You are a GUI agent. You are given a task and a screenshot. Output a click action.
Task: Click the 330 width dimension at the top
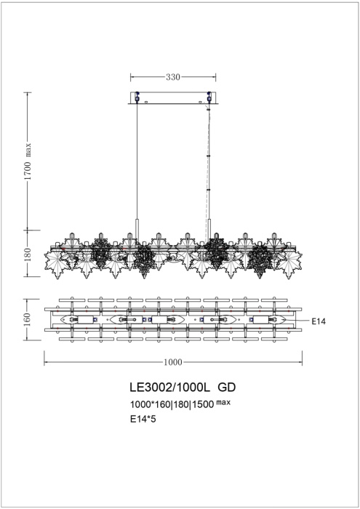pos(172,76)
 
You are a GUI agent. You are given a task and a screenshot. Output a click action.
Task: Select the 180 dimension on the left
pos(28,254)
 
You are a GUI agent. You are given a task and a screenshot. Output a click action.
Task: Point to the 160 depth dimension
pos(28,320)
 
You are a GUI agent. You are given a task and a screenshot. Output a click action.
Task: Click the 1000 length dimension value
pos(173,361)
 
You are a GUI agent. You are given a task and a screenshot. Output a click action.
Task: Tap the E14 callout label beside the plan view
pos(318,321)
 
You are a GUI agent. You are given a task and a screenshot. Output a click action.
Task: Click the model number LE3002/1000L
pos(164,389)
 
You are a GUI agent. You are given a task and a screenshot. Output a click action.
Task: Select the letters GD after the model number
pos(226,389)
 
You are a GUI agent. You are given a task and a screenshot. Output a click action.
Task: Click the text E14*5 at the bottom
pos(143,419)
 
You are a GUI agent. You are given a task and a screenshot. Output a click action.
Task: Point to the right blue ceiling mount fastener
pos(209,95)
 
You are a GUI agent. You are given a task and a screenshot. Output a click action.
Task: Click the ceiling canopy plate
pos(172,97)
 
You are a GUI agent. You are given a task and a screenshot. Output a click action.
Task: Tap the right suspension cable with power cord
pos(209,160)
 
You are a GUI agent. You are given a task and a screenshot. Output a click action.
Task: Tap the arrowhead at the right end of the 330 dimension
pos(212,76)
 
